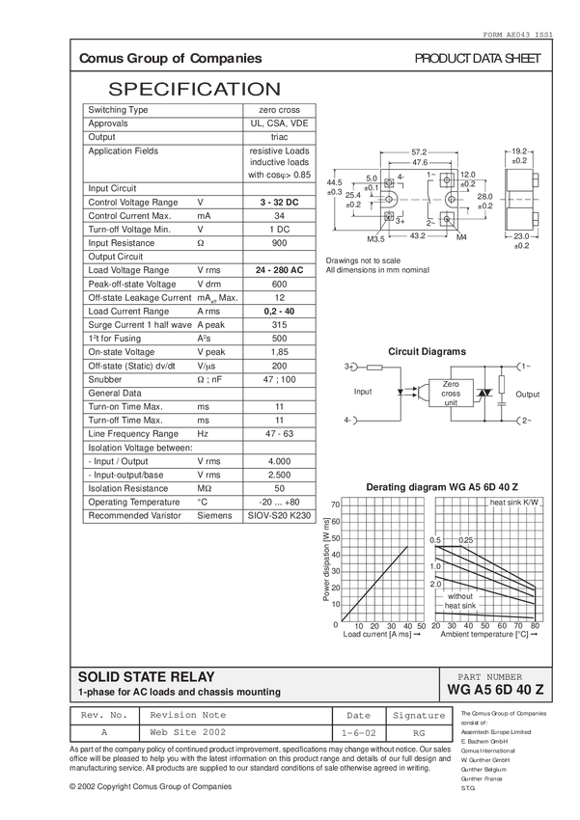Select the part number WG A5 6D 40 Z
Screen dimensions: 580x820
[x=496, y=691]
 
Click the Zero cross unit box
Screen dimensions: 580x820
[x=451, y=393]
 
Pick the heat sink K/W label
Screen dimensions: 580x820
[x=513, y=503]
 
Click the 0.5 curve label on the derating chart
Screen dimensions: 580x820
[x=434, y=539]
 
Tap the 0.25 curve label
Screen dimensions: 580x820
[x=465, y=539]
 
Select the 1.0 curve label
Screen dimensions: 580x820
[x=434, y=565]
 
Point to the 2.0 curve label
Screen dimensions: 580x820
[x=434, y=584]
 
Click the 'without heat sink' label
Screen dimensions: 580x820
[x=459, y=600]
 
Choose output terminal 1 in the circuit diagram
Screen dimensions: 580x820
[x=523, y=367]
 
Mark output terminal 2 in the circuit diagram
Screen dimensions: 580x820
[x=523, y=421]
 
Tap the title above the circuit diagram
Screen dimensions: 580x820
[x=427, y=350]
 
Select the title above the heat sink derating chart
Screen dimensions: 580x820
[x=440, y=485]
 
